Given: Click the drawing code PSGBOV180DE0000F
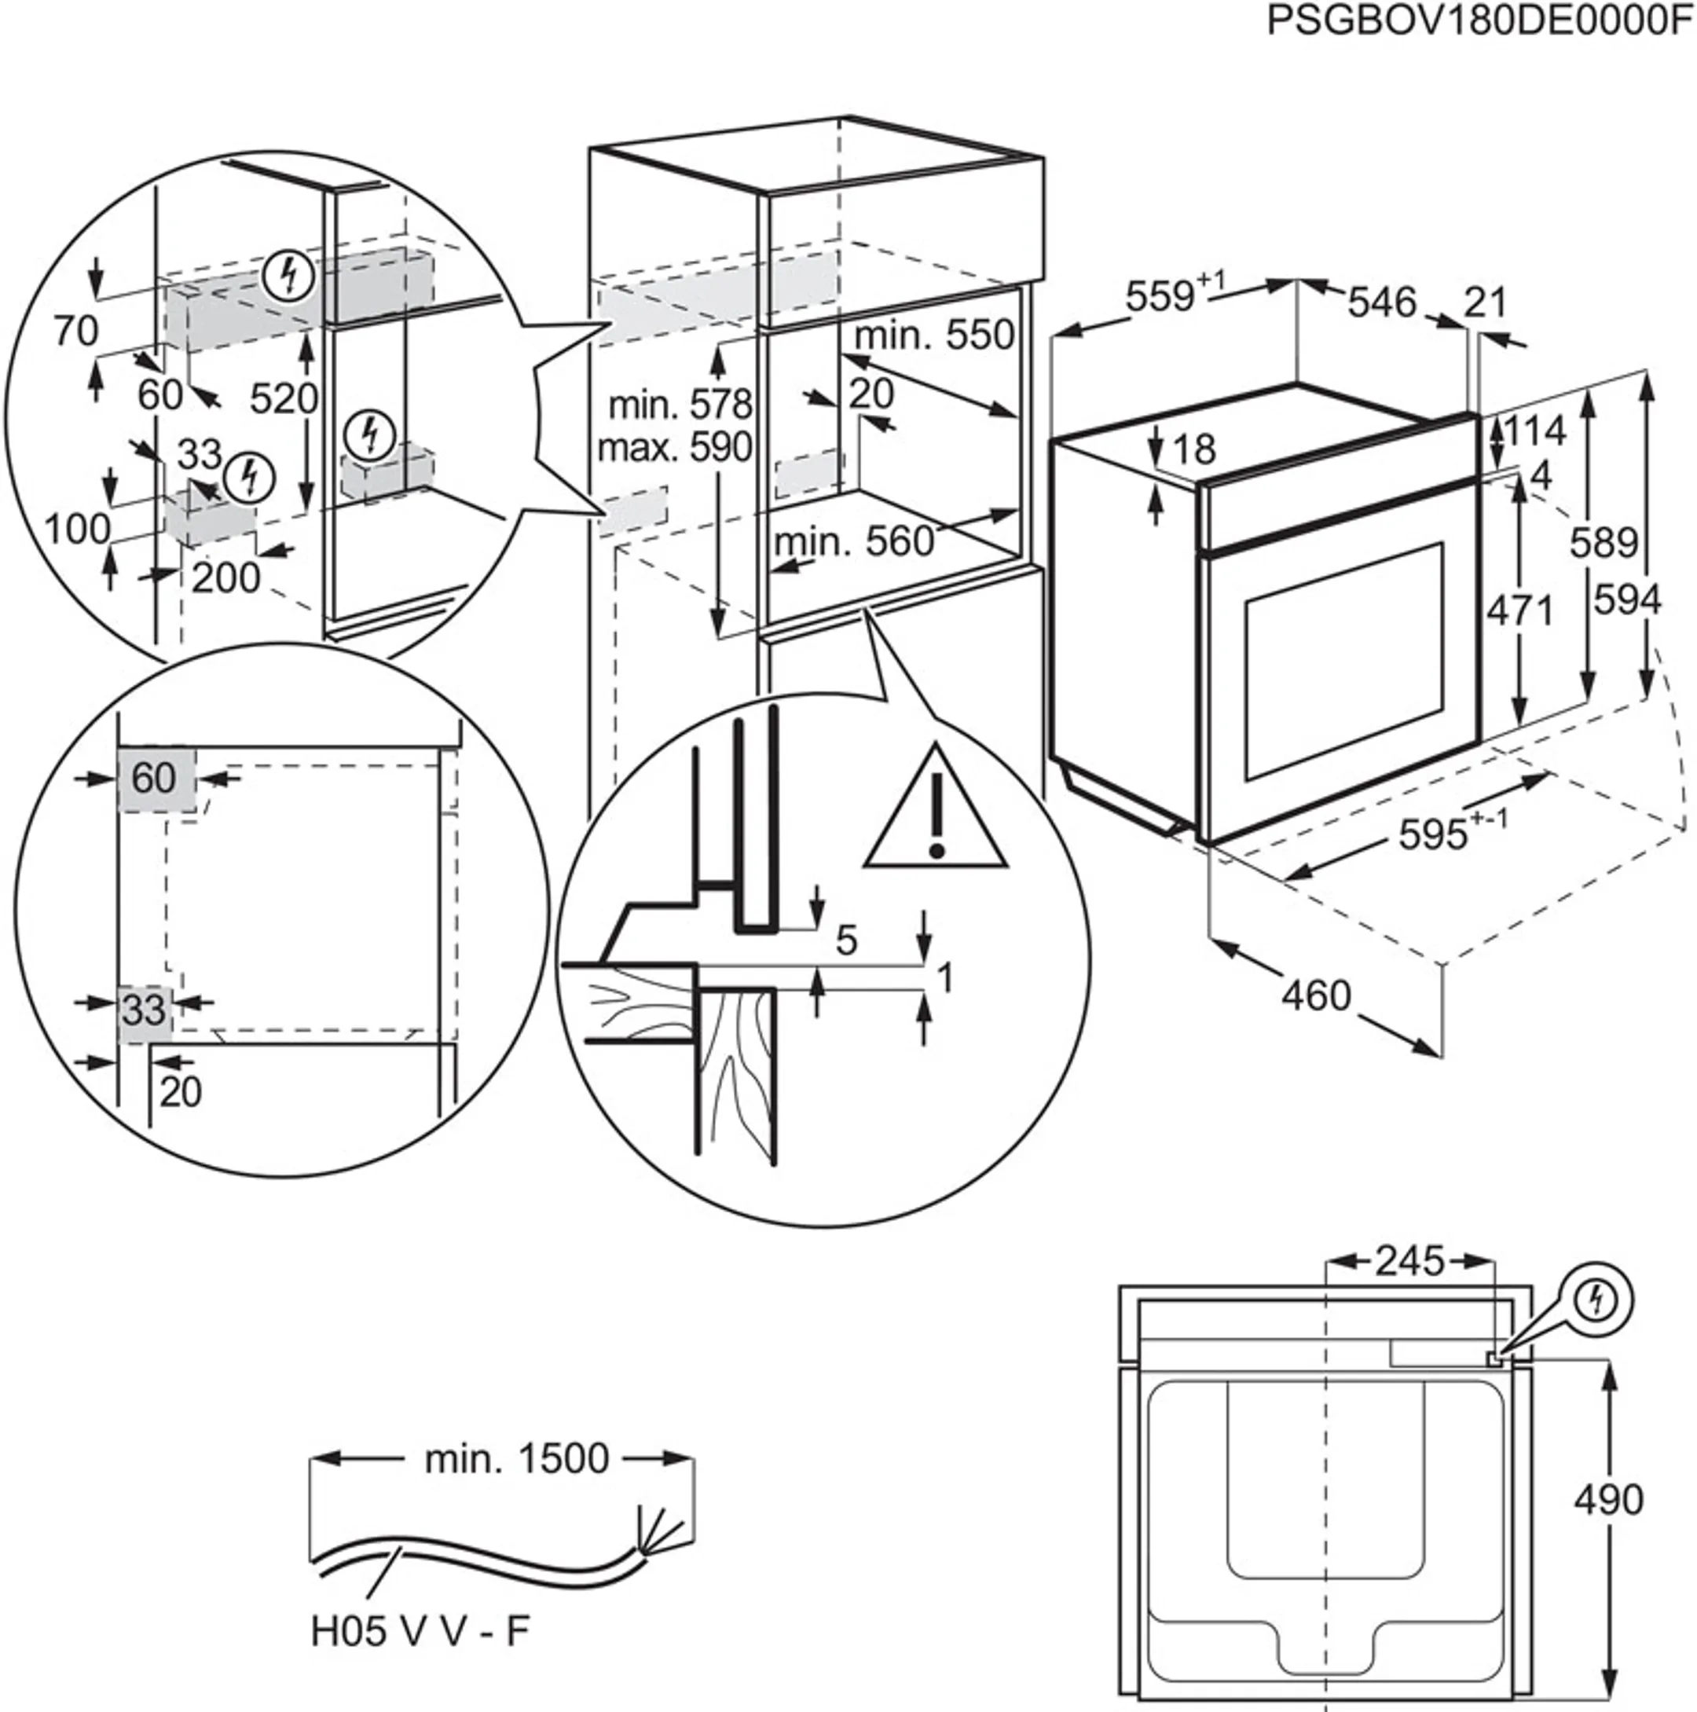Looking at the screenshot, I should pyautogui.click(x=1479, y=20).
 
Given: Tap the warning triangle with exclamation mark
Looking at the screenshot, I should pyautogui.click(x=936, y=812).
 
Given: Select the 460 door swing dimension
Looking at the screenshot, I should pyautogui.click(x=1315, y=995).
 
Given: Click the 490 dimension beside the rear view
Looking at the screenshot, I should pyautogui.click(x=1608, y=1499).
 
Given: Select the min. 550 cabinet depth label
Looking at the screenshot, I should pyautogui.click(x=934, y=335).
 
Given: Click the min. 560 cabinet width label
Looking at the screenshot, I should pyautogui.click(x=854, y=541).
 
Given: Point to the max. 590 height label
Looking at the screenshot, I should pyautogui.click(x=674, y=448).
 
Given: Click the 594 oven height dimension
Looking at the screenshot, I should pyautogui.click(x=1627, y=601).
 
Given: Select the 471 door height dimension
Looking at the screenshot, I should pyautogui.click(x=1519, y=610).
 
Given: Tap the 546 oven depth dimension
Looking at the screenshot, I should pyautogui.click(x=1381, y=303).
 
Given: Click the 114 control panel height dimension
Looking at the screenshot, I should pyautogui.click(x=1535, y=431).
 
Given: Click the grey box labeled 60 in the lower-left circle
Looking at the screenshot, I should pyautogui.click(x=155, y=778).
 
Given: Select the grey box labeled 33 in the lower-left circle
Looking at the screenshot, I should pyautogui.click(x=145, y=1010).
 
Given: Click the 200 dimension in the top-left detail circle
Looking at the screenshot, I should pyautogui.click(x=226, y=578).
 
